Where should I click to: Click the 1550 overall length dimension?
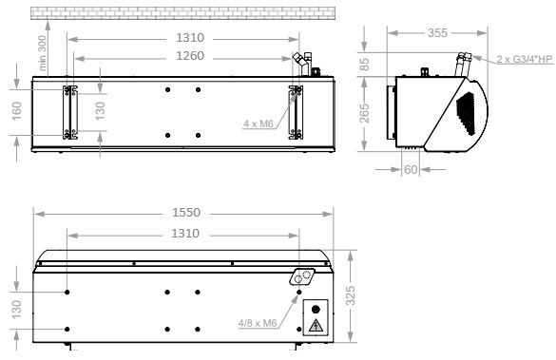(x=186, y=212)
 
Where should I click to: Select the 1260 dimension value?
(x=190, y=56)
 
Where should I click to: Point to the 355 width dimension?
(x=437, y=33)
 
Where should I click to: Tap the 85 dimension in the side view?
(x=365, y=65)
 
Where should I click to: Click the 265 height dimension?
(x=365, y=113)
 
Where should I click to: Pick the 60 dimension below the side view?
(x=411, y=170)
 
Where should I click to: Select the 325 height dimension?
(x=351, y=295)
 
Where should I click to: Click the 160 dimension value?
(x=17, y=111)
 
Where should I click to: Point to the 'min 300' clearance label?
(x=42, y=53)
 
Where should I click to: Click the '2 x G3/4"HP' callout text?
(x=525, y=59)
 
